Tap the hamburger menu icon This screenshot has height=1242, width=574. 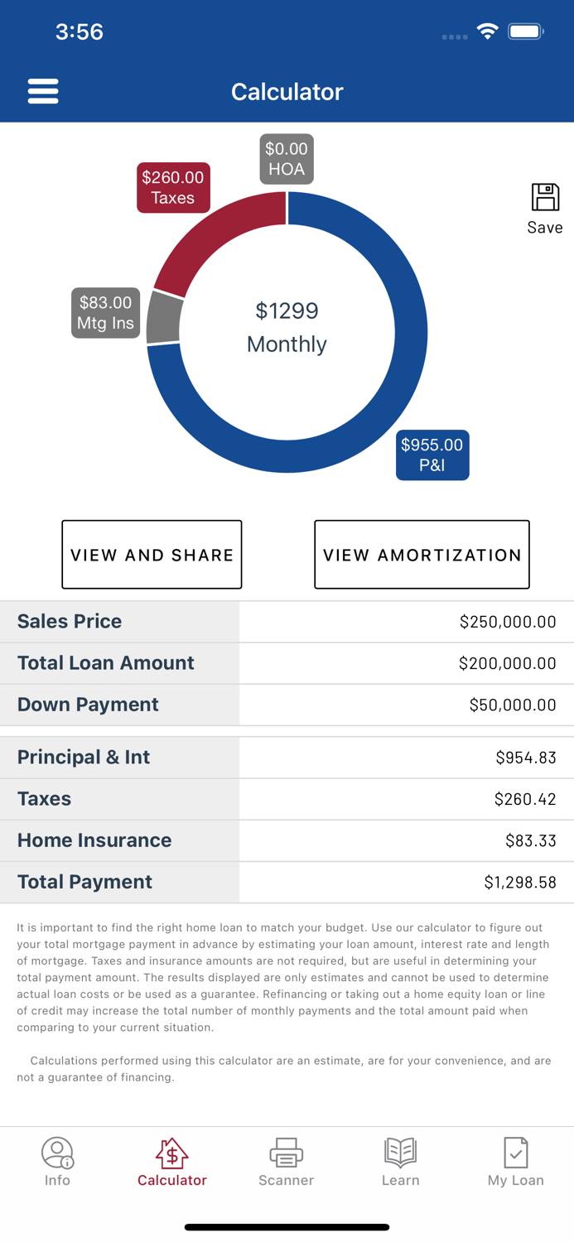pyautogui.click(x=43, y=91)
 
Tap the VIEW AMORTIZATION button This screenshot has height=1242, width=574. pyautogui.click(x=422, y=555)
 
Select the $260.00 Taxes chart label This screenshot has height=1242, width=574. pyautogui.click(x=172, y=188)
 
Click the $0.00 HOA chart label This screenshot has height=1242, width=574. pyautogui.click(x=287, y=159)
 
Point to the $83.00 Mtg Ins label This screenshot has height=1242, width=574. pyautogui.click(x=105, y=313)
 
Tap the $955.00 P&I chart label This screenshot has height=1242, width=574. pyautogui.click(x=432, y=455)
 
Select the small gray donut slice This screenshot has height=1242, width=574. pyautogui.click(x=163, y=319)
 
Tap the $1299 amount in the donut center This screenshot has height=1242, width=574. pyautogui.click(x=287, y=311)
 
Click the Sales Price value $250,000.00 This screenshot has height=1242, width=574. pyautogui.click(x=507, y=622)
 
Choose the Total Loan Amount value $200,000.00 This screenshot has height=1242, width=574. pyautogui.click(x=507, y=663)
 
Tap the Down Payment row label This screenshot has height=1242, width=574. pyautogui.click(x=88, y=705)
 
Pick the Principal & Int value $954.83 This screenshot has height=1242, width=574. pyautogui.click(x=525, y=758)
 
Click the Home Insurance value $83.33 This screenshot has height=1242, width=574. pyautogui.click(x=530, y=840)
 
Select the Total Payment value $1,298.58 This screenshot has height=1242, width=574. pyautogui.click(x=519, y=883)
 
